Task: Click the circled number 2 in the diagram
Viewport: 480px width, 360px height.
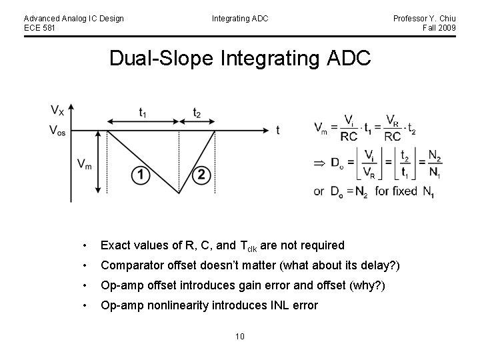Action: click(201, 175)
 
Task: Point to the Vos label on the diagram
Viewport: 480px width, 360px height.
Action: click(59, 130)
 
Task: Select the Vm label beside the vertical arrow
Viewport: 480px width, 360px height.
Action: click(85, 164)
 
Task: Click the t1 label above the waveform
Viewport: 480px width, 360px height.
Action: click(143, 112)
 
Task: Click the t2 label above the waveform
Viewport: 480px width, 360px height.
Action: click(197, 112)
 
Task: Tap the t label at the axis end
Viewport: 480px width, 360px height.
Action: click(277, 130)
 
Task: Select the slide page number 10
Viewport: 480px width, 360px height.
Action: click(240, 336)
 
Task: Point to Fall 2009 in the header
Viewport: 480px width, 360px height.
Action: click(439, 27)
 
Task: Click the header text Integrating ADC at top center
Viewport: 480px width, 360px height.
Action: click(240, 18)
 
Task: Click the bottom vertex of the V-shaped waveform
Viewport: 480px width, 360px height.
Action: click(179, 193)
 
